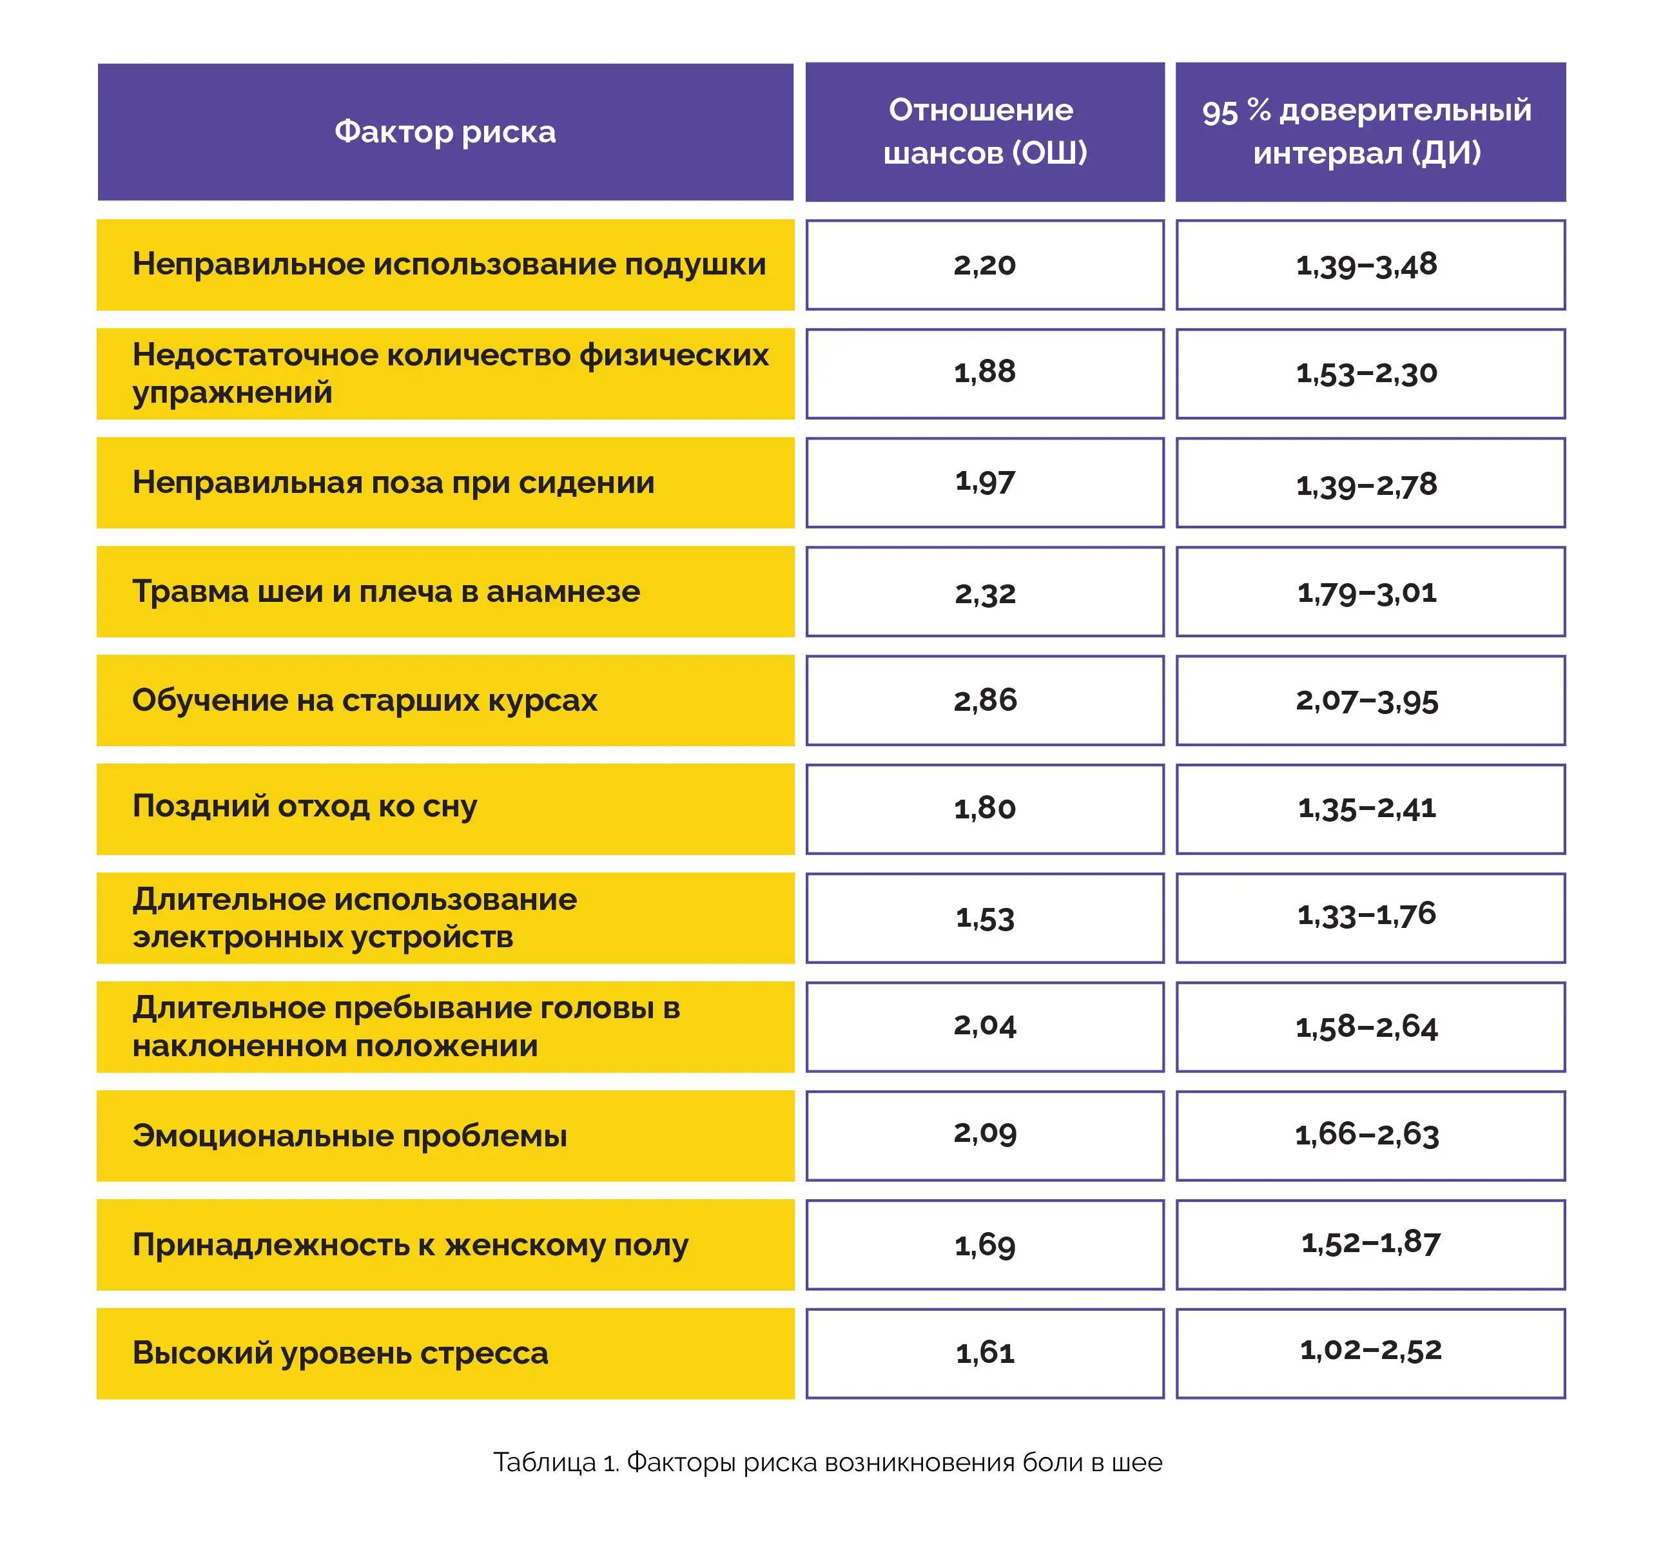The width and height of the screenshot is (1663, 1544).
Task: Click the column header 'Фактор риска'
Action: coord(445,132)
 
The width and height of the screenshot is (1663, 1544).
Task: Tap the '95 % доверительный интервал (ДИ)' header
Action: coord(1366,131)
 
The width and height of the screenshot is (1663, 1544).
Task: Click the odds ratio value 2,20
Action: coord(984,265)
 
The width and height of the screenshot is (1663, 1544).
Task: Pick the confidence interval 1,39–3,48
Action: coord(1366,265)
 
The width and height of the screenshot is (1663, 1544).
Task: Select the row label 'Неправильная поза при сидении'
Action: coord(393,483)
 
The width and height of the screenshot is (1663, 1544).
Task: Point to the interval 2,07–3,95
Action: coord(1366,700)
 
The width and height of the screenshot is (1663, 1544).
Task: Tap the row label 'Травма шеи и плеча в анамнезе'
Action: coord(386,592)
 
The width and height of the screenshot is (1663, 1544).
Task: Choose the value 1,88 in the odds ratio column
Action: coord(984,372)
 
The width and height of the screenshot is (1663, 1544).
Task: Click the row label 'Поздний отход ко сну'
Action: coord(304,807)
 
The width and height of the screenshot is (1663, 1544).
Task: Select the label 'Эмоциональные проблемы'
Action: coord(349,1136)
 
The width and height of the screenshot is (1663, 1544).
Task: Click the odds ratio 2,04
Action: coord(984,1025)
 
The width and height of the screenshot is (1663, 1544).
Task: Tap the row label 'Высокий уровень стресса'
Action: coord(340,1353)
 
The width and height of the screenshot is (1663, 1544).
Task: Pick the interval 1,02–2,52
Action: coord(1370,1350)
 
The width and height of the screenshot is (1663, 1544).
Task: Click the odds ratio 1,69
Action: coord(984,1246)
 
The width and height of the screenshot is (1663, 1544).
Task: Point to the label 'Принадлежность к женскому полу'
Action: coord(411,1246)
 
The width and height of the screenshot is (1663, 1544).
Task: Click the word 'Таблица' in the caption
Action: coord(544,1462)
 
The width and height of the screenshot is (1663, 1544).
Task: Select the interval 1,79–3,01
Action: coord(1366,592)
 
